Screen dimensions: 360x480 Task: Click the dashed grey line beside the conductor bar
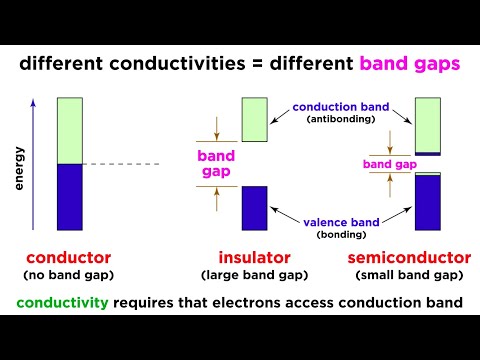pos(120,164)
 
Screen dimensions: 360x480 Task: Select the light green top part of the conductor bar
pos(70,130)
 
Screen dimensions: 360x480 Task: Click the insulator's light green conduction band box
pos(255,119)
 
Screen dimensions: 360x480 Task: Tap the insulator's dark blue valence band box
pos(255,208)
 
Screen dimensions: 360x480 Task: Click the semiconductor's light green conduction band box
pos(428,124)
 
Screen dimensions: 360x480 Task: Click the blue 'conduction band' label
pos(342,106)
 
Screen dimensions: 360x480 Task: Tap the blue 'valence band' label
pos(342,219)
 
